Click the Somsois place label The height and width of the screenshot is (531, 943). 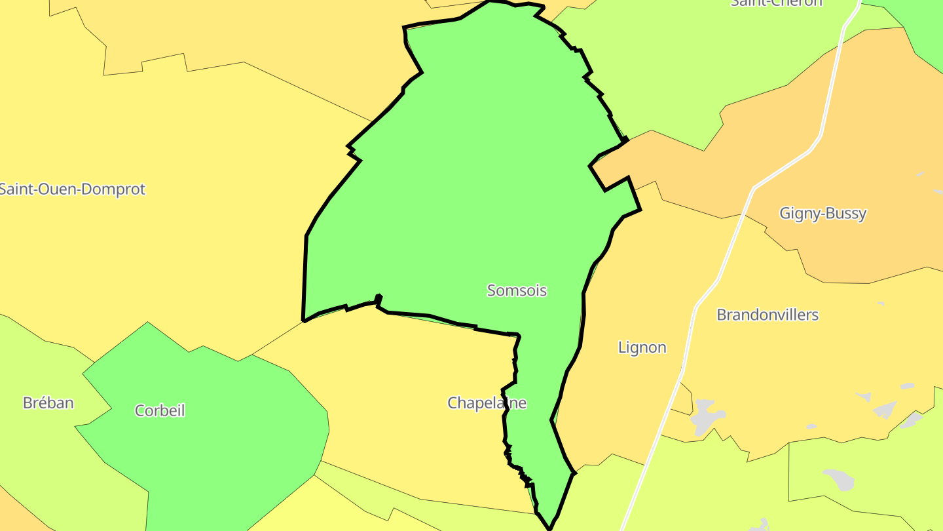[x=517, y=290]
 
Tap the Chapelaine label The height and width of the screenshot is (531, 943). [x=487, y=403]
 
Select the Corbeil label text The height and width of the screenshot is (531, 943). [x=160, y=410]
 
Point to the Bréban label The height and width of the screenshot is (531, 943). [x=48, y=403]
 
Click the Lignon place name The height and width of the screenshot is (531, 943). [x=642, y=347]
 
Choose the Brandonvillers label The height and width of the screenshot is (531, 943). [x=767, y=315]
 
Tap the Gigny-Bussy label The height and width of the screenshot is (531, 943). [x=823, y=213]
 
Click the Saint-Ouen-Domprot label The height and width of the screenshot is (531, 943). [x=72, y=189]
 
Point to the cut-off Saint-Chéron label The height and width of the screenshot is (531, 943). [x=776, y=3]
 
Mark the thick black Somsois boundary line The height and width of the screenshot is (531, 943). [x=305, y=275]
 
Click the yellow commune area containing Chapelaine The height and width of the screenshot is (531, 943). [x=406, y=406]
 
